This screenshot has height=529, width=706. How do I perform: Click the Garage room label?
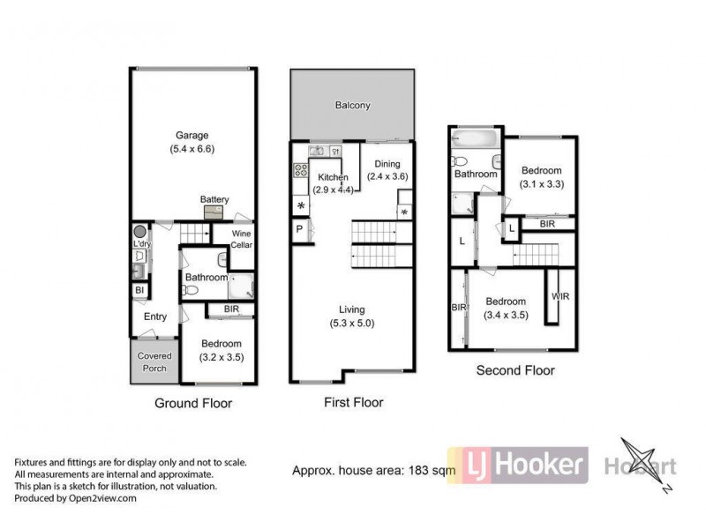coord(192,135)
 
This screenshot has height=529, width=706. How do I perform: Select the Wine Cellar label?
coord(241,239)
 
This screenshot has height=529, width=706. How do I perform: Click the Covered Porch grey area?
coord(154,361)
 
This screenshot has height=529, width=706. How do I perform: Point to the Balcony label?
coord(352,106)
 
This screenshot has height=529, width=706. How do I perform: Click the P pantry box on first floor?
coord(299,229)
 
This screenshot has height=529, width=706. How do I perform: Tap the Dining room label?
coord(387,163)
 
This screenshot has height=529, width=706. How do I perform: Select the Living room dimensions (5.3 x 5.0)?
coord(352,323)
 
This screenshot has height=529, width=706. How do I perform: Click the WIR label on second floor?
coord(560,296)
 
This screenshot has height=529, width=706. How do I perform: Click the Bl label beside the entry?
coord(139,290)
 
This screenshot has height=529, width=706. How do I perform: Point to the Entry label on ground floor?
coord(155,317)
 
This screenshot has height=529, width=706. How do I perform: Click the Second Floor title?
coord(515,370)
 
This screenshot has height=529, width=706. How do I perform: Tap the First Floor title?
coord(351,403)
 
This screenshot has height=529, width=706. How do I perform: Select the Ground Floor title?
coord(193,403)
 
